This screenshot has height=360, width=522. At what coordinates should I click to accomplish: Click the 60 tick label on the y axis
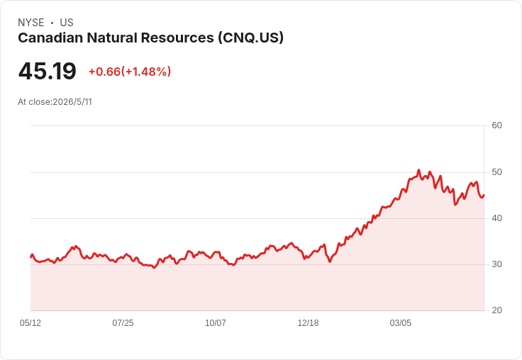tap(496, 125)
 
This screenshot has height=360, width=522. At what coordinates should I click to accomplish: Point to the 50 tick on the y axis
tap(496, 172)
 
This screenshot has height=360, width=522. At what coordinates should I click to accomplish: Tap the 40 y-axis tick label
tap(496, 218)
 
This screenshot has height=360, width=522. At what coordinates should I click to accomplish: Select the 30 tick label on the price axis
tap(496, 264)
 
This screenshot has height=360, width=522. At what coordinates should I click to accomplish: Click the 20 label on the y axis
tap(496, 310)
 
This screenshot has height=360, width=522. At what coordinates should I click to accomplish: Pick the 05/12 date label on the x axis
tap(30, 322)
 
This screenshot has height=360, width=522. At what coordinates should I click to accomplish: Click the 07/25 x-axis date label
tap(123, 322)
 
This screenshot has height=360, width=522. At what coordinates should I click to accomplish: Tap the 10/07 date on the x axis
tap(216, 322)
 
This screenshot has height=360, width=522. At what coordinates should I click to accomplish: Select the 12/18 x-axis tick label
tap(308, 322)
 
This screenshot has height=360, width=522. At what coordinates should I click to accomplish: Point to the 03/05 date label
tap(401, 322)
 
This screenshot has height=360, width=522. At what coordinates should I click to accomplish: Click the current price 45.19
tap(48, 71)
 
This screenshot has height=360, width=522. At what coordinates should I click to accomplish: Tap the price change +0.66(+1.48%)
tap(130, 72)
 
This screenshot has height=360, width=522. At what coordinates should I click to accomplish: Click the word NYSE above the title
tap(31, 23)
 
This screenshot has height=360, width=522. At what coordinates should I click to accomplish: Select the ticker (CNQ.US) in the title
tap(250, 38)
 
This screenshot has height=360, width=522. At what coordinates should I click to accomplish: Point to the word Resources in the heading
tap(177, 38)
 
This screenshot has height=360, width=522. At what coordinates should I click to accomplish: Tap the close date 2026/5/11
tap(72, 102)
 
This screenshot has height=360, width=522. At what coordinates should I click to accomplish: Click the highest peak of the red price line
tap(418, 170)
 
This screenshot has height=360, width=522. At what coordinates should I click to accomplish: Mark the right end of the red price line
tap(484, 196)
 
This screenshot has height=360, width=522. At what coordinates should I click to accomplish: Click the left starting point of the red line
tap(30, 257)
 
